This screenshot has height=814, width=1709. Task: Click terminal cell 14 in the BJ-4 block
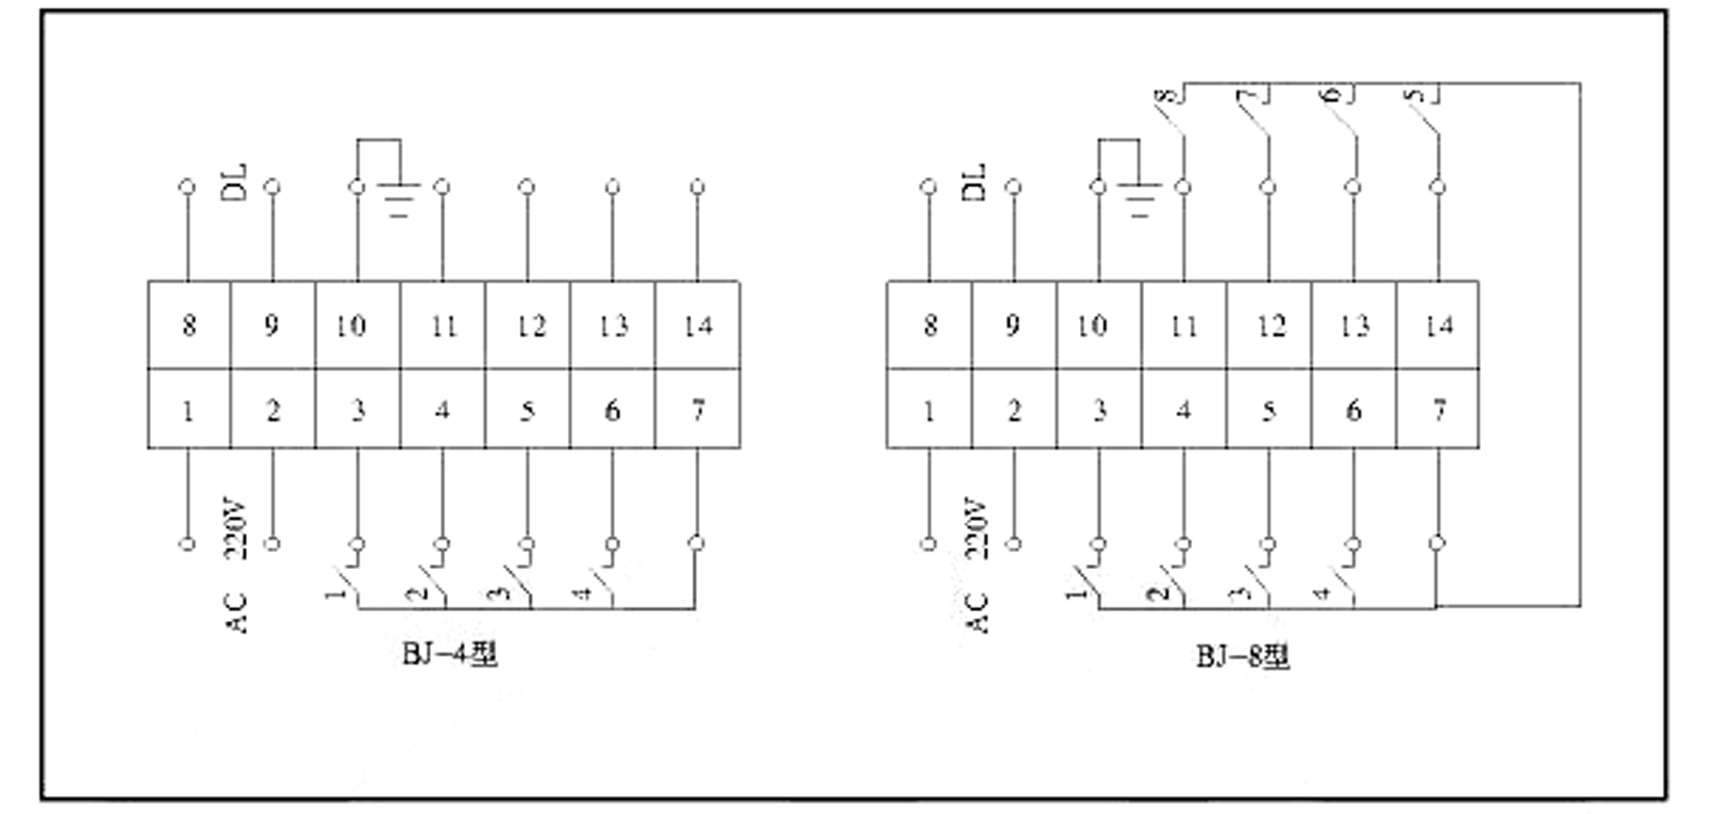(x=698, y=325)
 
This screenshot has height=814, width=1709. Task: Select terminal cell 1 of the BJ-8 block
(x=928, y=409)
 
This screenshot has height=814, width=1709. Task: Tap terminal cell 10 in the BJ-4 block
(x=356, y=325)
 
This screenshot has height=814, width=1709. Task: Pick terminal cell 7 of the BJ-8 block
(x=1438, y=409)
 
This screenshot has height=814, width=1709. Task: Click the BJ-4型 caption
(x=450, y=655)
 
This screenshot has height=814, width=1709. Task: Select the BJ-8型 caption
(x=1242, y=656)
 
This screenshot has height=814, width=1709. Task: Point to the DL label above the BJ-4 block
(x=236, y=183)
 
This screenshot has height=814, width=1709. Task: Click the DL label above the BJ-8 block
(x=975, y=183)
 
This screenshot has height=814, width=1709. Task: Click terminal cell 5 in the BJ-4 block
(x=528, y=409)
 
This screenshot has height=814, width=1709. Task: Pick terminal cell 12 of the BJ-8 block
(x=1269, y=325)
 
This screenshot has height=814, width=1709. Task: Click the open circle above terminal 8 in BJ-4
(x=187, y=186)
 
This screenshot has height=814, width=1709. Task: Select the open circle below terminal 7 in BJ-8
(x=1437, y=542)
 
